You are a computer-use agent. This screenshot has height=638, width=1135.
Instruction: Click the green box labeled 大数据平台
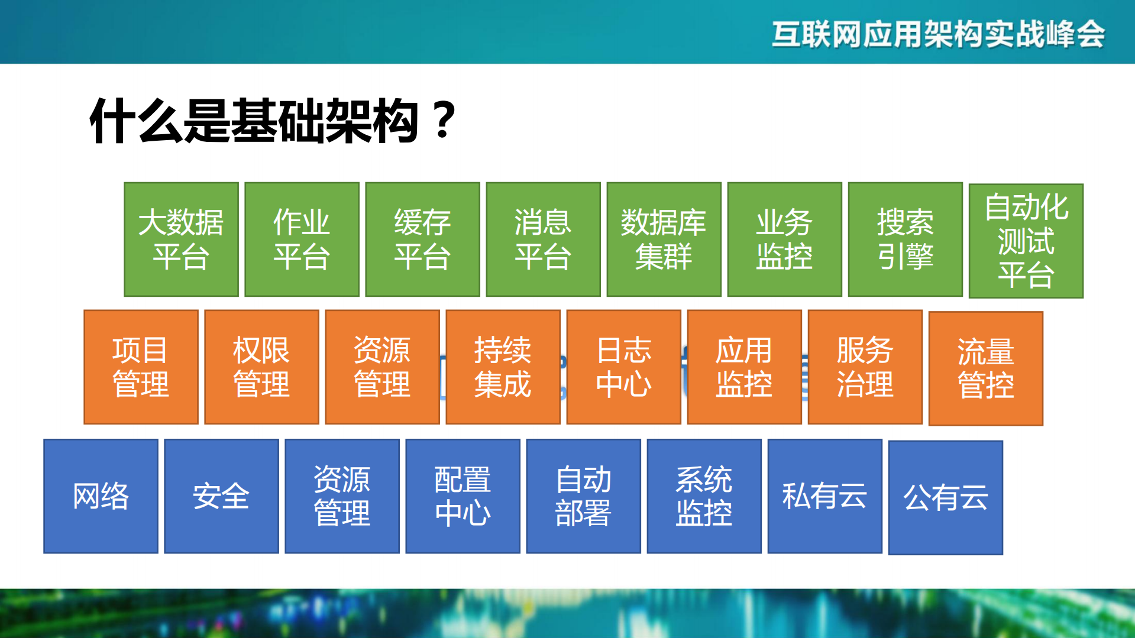pos(181,239)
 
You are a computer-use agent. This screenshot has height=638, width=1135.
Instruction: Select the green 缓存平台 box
pos(422,239)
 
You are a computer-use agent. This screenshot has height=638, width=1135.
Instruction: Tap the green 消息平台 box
pos(543,239)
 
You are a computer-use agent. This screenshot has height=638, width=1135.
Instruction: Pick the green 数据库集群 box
pos(664,239)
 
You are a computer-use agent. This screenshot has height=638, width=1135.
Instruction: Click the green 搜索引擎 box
pos(905,239)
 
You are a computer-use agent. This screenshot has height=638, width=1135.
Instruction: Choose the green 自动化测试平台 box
pos(1026,241)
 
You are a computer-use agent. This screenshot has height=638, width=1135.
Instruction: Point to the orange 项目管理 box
pos(141,367)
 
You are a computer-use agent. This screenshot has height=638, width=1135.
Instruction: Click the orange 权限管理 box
pos(261,367)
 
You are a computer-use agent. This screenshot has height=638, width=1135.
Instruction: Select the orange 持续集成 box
pos(503,367)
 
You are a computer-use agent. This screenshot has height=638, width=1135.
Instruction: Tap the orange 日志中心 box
pos(623,367)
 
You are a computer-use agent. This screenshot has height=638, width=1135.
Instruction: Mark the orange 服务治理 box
pos(865,367)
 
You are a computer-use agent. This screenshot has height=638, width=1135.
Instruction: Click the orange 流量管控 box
pos(985,368)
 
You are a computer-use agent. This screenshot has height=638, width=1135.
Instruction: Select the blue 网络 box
pos(101,496)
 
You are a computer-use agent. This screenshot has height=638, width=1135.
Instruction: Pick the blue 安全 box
pos(221,496)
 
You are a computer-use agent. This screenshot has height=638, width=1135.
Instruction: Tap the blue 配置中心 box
pos(463,496)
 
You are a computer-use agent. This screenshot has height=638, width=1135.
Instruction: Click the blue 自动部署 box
pos(583,496)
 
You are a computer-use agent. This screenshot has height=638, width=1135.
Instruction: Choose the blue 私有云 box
pos(824,496)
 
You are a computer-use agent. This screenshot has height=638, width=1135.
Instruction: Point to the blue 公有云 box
pos(945,497)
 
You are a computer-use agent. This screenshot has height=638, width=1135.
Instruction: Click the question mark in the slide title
pos(444,121)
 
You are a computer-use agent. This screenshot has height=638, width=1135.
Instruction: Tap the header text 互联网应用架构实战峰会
pos(938,34)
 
